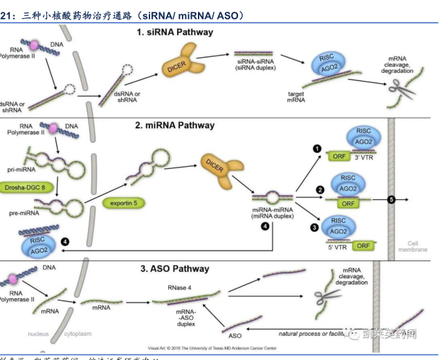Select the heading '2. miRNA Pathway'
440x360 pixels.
coord(175,125)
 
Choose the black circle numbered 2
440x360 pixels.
coord(320,189)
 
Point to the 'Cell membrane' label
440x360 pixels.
coord(416,246)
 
